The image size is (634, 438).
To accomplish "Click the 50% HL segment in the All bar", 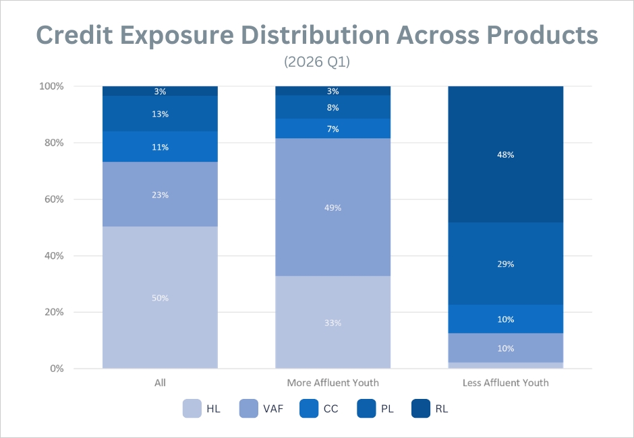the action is [160, 297].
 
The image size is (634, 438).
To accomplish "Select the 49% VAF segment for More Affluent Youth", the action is [333, 208].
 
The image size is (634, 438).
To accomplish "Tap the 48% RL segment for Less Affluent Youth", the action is [505, 154].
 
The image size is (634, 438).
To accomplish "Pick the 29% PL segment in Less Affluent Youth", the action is [505, 263].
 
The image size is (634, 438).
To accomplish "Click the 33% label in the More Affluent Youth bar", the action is [333, 323].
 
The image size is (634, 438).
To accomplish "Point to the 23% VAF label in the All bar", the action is [160, 195].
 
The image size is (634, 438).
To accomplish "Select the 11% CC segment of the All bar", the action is [160, 147].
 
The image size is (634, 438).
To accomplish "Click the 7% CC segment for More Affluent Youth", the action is [333, 129].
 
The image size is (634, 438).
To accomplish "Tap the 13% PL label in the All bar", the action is [160, 114].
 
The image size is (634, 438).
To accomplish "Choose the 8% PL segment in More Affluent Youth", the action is [333, 107].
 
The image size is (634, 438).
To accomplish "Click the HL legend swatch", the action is [192, 408].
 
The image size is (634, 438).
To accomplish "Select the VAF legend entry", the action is [261, 408].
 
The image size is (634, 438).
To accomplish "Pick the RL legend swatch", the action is [421, 408].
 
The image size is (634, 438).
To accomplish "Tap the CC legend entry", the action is [318, 408].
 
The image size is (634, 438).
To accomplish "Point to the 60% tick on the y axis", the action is [54, 199].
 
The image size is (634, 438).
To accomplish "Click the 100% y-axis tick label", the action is [51, 86].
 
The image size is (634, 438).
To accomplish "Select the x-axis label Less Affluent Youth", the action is [505, 383].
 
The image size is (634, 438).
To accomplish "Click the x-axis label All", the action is [160, 383].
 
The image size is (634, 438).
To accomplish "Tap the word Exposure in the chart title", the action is [177, 35].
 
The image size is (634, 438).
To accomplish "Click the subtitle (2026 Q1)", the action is [317, 62].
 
